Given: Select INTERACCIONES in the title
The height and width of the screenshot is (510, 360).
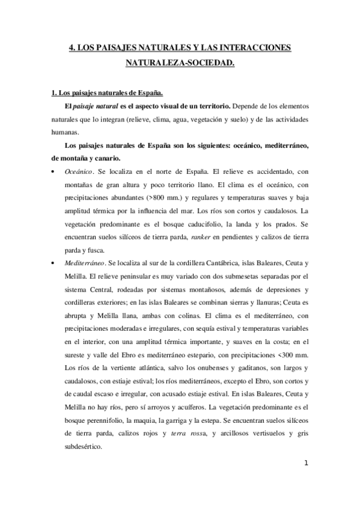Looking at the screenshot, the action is point(256,48).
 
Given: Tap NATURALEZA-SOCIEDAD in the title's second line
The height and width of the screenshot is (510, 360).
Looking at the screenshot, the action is point(180,62).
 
